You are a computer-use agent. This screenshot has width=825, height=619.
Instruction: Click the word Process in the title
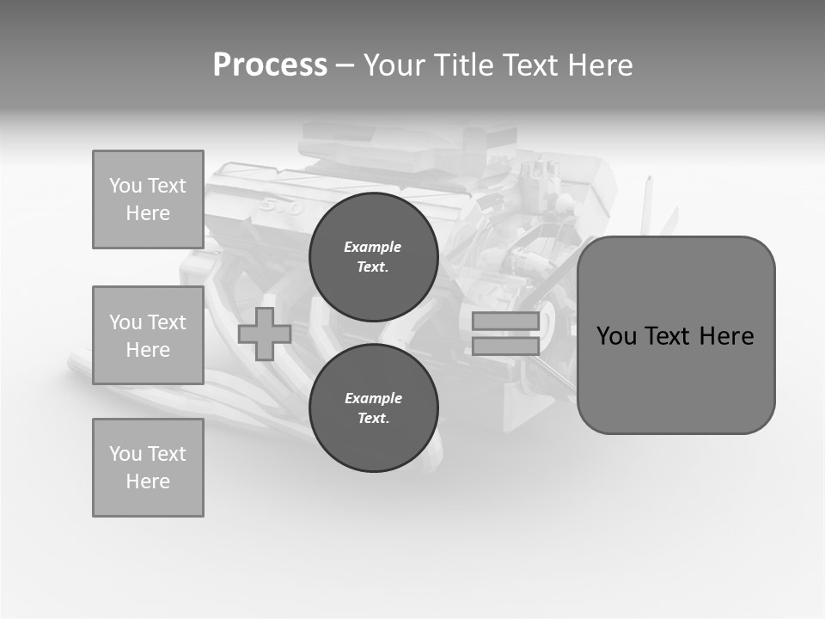tap(270, 65)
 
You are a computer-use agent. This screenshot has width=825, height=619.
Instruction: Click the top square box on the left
tap(148, 199)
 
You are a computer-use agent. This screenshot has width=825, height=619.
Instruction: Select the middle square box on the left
tap(148, 335)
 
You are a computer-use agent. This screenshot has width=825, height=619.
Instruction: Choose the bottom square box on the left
tap(148, 468)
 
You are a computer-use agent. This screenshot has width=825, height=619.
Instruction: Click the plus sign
tap(265, 334)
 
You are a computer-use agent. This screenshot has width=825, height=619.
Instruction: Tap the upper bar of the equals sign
tap(505, 321)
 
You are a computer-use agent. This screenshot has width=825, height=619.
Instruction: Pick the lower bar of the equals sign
tap(505, 346)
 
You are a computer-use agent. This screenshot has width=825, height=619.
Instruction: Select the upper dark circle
tap(374, 256)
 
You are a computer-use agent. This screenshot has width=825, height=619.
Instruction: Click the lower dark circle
tap(374, 408)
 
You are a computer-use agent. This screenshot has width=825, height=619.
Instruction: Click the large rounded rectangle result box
tap(675, 335)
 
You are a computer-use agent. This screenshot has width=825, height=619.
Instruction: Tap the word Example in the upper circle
tap(373, 247)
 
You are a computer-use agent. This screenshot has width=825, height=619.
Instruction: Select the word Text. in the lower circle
tap(373, 418)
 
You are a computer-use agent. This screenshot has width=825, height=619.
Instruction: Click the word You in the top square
tap(125, 186)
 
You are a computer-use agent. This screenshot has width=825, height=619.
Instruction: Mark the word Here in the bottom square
tap(148, 481)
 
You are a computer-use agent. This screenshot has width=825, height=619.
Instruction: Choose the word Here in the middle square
tap(148, 350)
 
